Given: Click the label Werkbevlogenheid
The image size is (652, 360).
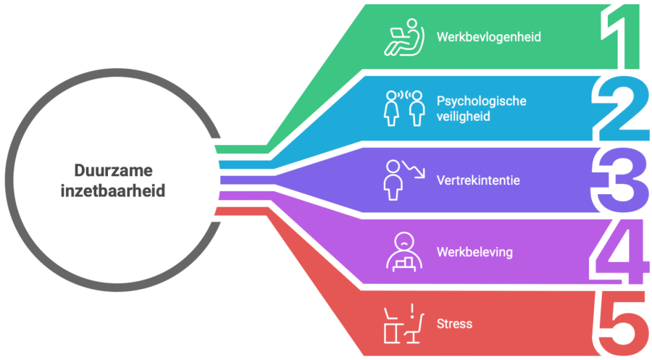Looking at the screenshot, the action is pyautogui.click(x=488, y=37).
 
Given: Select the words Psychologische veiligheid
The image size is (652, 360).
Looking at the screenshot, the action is pyautogui.click(x=482, y=109).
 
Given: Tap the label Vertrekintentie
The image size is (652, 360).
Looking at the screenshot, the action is pyautogui.click(x=478, y=180).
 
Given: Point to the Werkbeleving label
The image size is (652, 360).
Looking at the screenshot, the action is pyautogui.click(x=475, y=252).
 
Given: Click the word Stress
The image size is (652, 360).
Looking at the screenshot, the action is pyautogui.click(x=454, y=324).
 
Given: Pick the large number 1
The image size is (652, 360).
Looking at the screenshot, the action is pyautogui.click(x=620, y=37).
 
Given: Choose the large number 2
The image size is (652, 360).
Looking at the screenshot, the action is pyautogui.click(x=620, y=109).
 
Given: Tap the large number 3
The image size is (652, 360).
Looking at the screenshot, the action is pyautogui.click(x=619, y=180).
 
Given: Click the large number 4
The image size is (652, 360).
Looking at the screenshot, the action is pyautogui.click(x=619, y=252).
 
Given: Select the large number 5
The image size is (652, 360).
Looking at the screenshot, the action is pyautogui.click(x=619, y=324).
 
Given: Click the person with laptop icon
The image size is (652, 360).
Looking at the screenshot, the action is pyautogui.click(x=404, y=37).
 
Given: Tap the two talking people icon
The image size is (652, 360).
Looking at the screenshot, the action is pyautogui.click(x=404, y=109).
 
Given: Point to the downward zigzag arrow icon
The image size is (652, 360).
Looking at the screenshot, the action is pyautogui.click(x=414, y=169).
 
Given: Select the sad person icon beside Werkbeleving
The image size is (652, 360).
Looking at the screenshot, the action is pyautogui.click(x=404, y=252).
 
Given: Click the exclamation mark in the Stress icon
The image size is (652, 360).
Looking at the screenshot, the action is pyautogui.click(x=412, y=311).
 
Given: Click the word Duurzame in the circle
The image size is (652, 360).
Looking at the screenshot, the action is pyautogui.click(x=114, y=170).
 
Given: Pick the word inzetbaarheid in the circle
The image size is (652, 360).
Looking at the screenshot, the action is pyautogui.click(x=113, y=191).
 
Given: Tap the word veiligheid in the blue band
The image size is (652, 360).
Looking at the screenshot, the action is pyautogui.click(x=463, y=117).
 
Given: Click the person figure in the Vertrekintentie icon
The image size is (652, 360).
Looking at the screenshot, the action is pyautogui.click(x=393, y=180).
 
